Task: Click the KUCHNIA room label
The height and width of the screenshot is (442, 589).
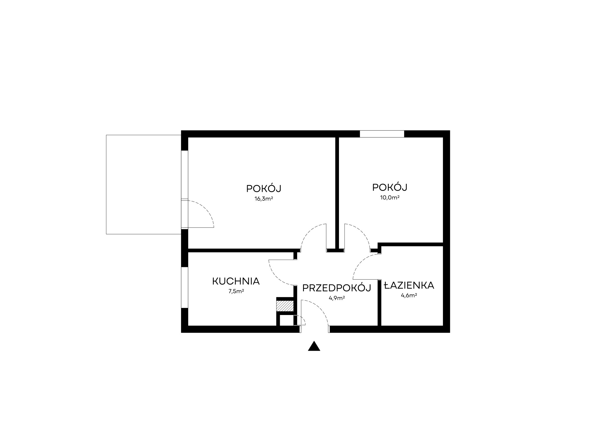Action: [236, 281]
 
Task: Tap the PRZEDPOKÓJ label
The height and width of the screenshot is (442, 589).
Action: [337, 288]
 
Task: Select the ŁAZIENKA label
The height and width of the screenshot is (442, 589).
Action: [409, 285]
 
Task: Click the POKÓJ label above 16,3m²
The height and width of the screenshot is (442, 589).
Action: [264, 188]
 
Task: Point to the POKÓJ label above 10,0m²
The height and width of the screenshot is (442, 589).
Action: [390, 187]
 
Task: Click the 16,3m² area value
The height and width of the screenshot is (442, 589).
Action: [264, 199]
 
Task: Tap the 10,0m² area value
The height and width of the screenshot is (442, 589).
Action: [390, 197]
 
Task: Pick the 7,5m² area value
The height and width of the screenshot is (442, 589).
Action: [236, 291]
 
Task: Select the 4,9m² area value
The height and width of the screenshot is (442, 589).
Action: [337, 298]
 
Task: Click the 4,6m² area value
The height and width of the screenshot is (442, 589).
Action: [409, 296]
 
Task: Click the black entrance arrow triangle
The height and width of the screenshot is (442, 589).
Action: [314, 346]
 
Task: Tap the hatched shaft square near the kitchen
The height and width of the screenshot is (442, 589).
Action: [285, 306]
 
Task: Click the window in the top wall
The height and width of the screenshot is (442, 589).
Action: [382, 134]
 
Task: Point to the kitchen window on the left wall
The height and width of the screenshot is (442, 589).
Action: [185, 287]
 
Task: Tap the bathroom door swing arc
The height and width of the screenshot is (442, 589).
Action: [360, 262]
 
